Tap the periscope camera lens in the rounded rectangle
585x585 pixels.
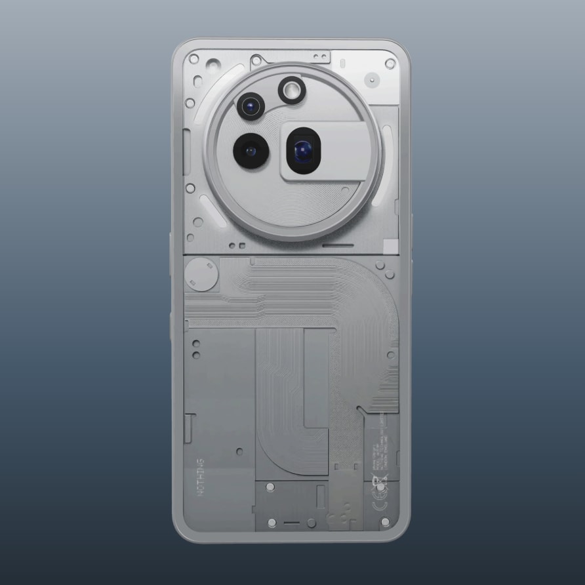coord(302,151)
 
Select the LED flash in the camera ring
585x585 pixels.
coord(292,89)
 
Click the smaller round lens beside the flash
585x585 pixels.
coord(251,105)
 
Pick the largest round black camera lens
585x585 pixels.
coord(249,151)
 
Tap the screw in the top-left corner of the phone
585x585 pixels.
coord(193,58)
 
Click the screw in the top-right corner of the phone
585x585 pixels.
coord(390,64)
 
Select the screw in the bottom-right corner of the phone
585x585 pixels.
coord(386,522)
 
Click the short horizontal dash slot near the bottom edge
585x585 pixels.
coord(292,523)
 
